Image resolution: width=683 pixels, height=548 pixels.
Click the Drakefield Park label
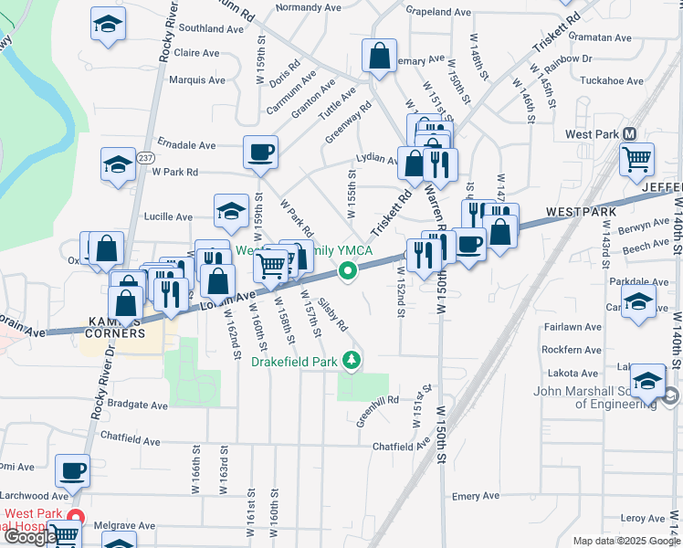[x=295, y=362]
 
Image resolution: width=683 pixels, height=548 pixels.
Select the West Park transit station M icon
[x=629, y=134]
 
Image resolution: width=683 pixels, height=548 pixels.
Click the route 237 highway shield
[x=146, y=158]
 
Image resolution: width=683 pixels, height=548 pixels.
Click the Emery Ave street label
[x=476, y=496]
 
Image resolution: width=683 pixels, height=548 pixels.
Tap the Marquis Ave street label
[x=197, y=80]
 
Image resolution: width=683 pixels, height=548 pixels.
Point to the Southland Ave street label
[x=211, y=29]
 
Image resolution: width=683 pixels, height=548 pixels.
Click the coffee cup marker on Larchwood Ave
[x=72, y=470]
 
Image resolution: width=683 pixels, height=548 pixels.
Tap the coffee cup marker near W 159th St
[x=260, y=151]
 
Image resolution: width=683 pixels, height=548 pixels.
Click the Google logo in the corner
[x=30, y=537]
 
